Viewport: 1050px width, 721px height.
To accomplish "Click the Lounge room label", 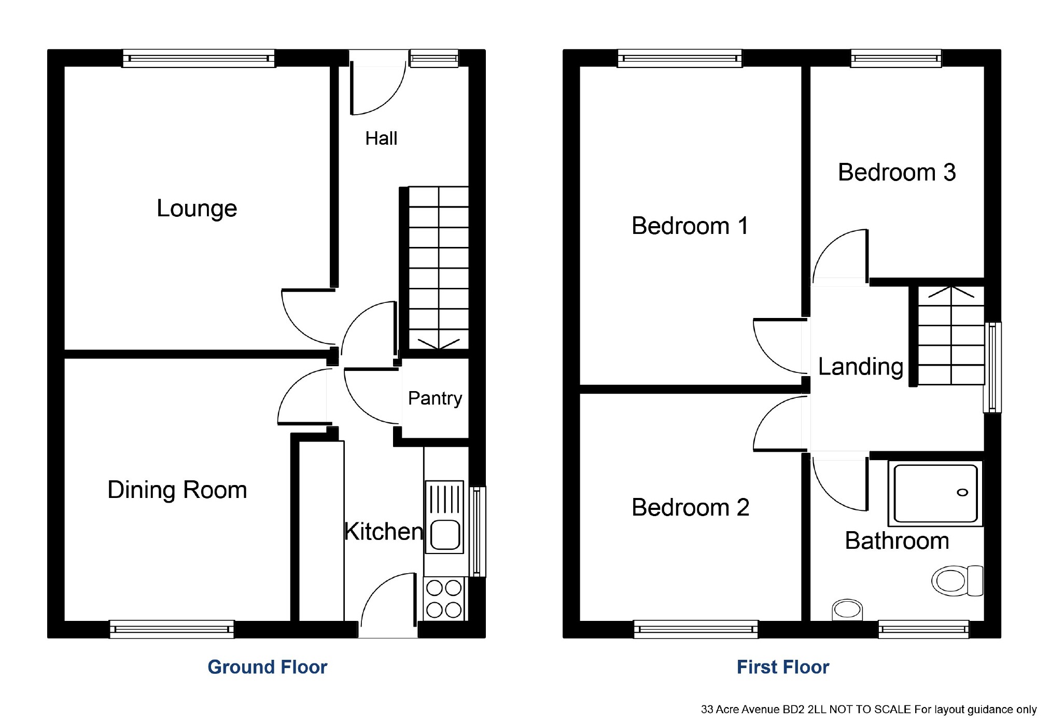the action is [x=197, y=209].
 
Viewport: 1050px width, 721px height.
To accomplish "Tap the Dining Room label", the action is [x=177, y=490].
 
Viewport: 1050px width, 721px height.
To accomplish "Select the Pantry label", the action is [x=435, y=398].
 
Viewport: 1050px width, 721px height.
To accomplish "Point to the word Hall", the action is [x=381, y=138].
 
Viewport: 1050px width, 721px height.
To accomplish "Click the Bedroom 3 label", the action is [x=897, y=172].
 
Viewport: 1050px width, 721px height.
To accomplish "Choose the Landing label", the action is [x=861, y=367].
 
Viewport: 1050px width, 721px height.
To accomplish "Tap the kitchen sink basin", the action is [x=445, y=534].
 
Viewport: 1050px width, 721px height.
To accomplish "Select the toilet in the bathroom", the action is [x=957, y=580].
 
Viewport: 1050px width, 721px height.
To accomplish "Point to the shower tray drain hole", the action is [x=962, y=493].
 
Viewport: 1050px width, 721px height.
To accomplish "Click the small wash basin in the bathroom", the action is [x=847, y=609].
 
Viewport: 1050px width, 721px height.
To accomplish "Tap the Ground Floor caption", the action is [x=267, y=667].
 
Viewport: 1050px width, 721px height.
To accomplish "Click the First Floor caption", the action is [x=783, y=667].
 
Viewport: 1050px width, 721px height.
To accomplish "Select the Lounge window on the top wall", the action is [x=199, y=59].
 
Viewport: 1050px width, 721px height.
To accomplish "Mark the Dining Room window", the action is [x=172, y=629].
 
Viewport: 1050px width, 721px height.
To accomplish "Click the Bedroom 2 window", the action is [x=696, y=629].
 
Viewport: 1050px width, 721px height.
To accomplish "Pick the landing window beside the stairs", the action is [x=992, y=367].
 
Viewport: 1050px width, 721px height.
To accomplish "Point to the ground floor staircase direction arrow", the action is [x=439, y=344].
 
